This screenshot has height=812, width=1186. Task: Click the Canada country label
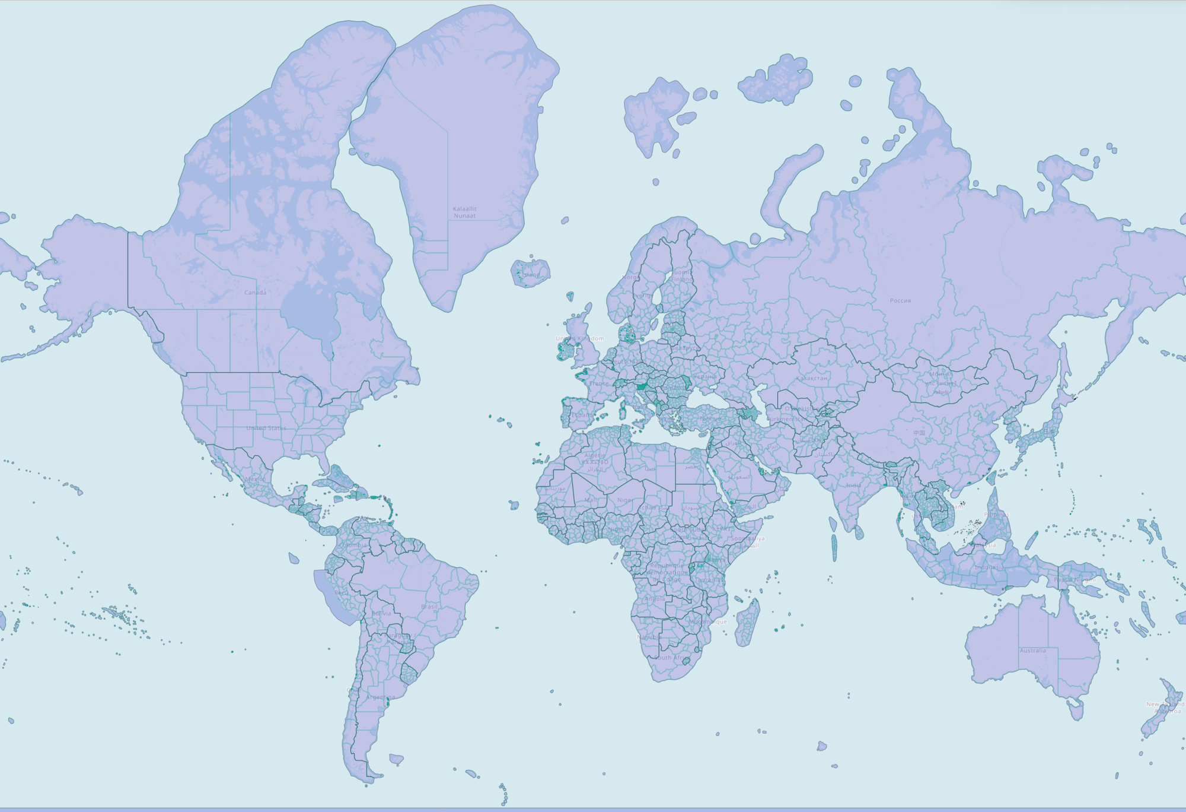click(x=255, y=293)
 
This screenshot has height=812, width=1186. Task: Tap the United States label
click(x=266, y=428)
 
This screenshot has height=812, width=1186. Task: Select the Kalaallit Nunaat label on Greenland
click(x=464, y=212)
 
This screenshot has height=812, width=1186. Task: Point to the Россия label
click(x=900, y=301)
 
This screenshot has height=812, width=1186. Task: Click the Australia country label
click(x=1032, y=651)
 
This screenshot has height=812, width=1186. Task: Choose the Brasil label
click(x=429, y=607)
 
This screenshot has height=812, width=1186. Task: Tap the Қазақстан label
click(x=811, y=378)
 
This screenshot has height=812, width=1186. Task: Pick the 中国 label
click(x=919, y=433)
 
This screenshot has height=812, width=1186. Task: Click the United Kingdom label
click(x=580, y=339)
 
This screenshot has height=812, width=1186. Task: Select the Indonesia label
click(x=989, y=567)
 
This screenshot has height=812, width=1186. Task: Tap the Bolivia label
click(x=381, y=614)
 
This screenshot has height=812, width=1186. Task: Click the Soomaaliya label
click(x=747, y=539)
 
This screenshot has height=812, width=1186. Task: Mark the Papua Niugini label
click(x=1075, y=579)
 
